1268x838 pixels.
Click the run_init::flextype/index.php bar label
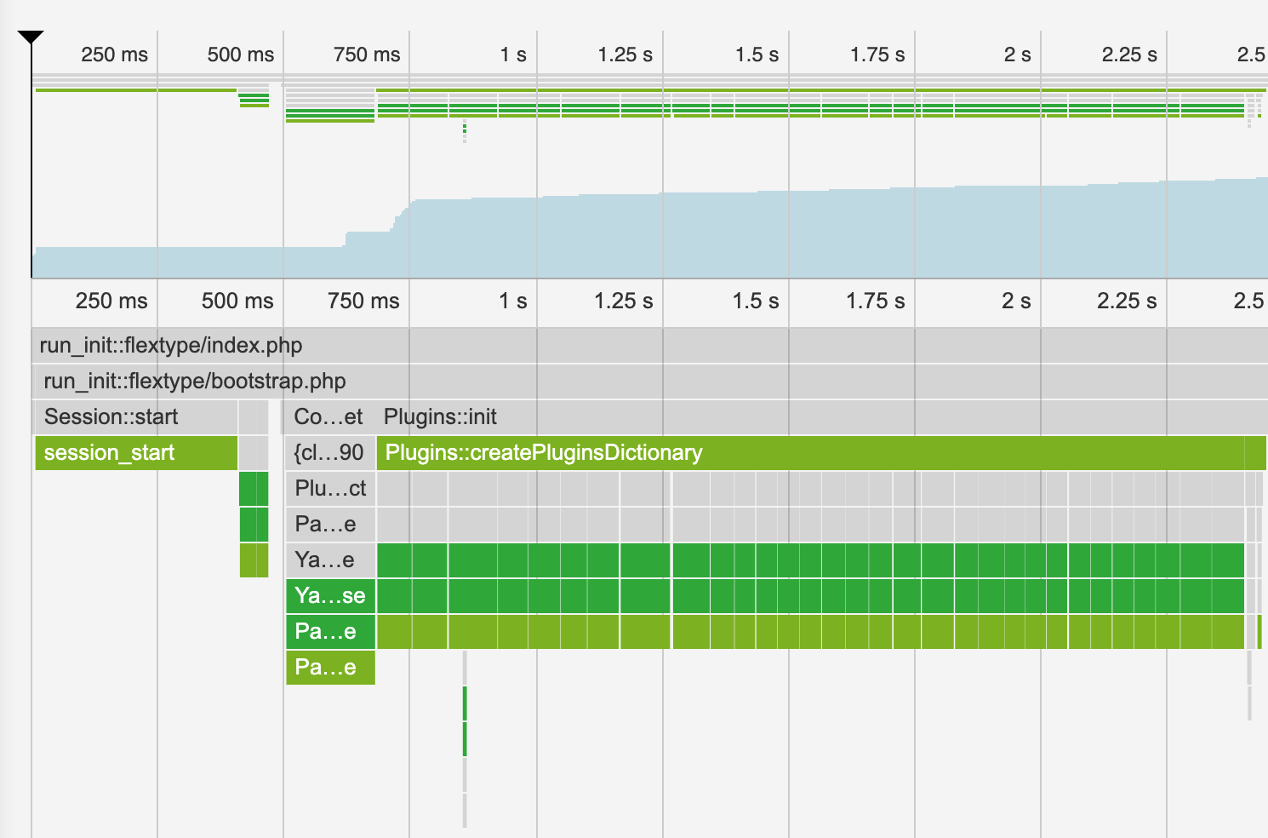171,346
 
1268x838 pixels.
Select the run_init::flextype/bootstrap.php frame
195,382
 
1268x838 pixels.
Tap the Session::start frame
111,417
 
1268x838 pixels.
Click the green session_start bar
110,453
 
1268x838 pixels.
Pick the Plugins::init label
440,417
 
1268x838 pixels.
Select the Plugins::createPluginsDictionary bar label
544,453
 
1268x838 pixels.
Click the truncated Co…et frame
328,417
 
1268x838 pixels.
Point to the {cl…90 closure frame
328,453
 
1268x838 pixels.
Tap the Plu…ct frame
330,489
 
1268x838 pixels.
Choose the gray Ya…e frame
324,560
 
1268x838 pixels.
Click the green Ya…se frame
330,596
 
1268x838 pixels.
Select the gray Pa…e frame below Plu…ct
325,525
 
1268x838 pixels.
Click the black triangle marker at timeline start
31,37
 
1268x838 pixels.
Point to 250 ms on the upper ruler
114,55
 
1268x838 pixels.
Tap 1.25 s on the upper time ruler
625,55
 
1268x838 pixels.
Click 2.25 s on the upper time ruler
1129,55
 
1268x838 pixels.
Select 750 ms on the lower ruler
363,301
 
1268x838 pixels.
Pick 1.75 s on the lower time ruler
875,301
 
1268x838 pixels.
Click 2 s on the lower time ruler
1015,301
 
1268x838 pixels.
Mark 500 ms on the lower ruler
237,301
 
